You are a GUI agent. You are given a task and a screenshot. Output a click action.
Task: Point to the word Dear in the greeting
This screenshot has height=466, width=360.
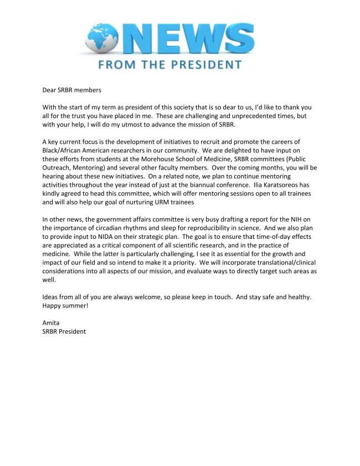click(50, 89)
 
